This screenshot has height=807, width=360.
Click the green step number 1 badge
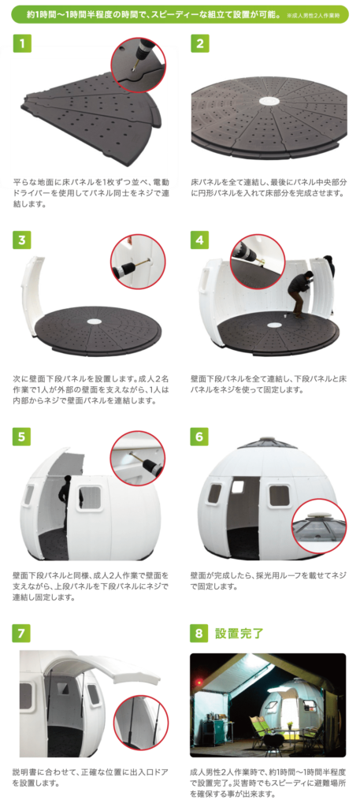click(22, 43)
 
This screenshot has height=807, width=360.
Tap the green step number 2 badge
click(199, 43)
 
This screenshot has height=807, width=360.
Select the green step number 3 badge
click(22, 240)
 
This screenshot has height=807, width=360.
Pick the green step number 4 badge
click(199, 240)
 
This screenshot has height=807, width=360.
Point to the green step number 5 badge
click(22, 437)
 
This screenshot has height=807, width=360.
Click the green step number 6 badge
click(199, 437)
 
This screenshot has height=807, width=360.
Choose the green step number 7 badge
click(22, 633)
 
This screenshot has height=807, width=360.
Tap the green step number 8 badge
click(199, 633)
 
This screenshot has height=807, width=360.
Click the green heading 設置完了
click(239, 633)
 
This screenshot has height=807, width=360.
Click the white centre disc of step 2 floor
click(269, 101)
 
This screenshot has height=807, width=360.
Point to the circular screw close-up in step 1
click(139, 65)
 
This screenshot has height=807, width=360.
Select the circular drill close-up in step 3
click(139, 262)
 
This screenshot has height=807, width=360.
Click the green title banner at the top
click(180, 15)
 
